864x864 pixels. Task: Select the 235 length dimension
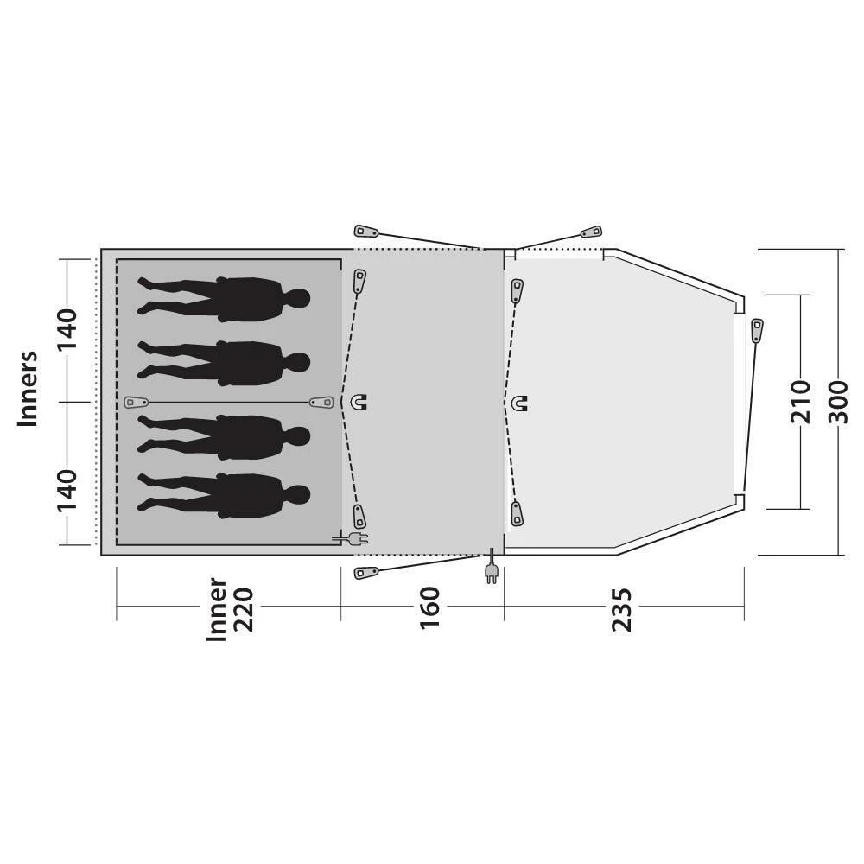pos(621,610)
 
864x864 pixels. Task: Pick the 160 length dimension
pos(429,607)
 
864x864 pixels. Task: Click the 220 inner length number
pos(243,610)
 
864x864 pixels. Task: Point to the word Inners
pos(28,389)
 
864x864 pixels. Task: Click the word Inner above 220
pos(216,610)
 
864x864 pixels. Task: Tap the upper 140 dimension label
pos(67,329)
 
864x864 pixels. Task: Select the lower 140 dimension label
pos(67,491)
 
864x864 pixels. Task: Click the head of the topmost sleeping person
pos(297,299)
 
